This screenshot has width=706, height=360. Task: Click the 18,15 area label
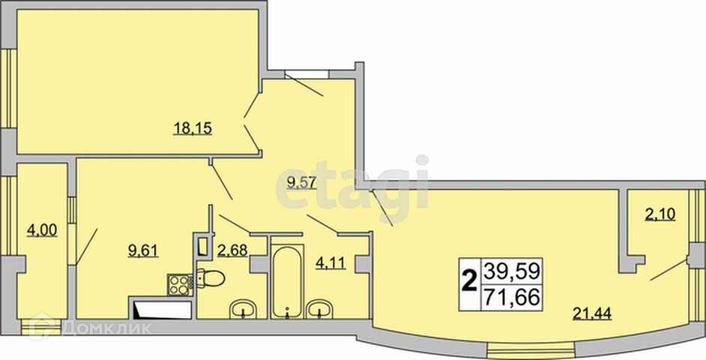pos(193,129)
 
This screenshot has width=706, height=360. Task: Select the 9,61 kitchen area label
pos(143,250)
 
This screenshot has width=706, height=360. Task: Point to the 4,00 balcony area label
pos(42,231)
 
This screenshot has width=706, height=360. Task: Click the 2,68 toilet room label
pos(232,250)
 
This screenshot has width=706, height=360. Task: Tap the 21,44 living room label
pos(592,313)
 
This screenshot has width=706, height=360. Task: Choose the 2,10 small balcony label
pos(660,214)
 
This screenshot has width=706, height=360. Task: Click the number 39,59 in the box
pos(511,271)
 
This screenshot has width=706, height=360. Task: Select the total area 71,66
pos(511,298)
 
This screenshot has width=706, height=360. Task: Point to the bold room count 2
pos(470,283)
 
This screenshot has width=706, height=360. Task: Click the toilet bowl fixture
pos(211,278)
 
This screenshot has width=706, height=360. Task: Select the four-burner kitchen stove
pos(180,285)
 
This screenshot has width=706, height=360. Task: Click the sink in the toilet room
pos(243,310)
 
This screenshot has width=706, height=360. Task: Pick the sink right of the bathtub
pos(319,310)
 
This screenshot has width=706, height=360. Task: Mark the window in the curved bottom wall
pos(531,350)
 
